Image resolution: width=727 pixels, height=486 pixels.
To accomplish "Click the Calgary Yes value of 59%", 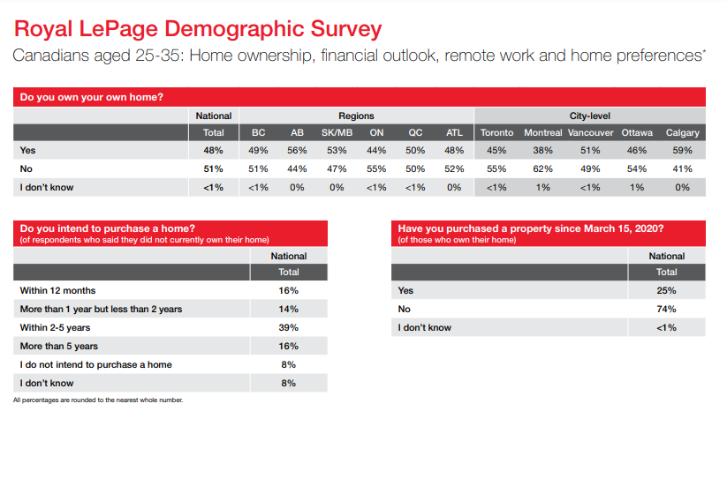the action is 682,151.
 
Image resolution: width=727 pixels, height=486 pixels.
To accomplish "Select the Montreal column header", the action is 543,133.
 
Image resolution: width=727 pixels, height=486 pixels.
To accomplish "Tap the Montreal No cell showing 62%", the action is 542,169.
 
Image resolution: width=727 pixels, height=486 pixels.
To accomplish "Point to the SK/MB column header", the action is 337,133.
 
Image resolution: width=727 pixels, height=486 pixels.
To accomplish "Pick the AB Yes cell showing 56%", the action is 297,151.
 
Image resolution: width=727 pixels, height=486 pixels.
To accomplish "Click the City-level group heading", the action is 590,116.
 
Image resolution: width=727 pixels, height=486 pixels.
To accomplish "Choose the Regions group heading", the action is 356,116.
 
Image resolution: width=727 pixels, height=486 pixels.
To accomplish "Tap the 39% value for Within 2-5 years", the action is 288,328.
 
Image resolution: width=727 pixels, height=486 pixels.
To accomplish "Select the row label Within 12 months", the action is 57,291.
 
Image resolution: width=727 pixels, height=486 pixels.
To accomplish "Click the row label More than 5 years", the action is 59,347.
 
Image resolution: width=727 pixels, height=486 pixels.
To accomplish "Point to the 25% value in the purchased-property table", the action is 666,291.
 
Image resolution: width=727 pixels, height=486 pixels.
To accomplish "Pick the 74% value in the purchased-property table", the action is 666,310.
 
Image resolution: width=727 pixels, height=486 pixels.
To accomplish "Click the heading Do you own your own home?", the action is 91,97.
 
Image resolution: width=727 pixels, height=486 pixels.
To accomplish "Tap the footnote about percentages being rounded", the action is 98,400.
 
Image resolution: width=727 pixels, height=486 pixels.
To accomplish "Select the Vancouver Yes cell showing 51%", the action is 590,151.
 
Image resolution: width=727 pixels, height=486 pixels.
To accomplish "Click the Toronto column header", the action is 496,133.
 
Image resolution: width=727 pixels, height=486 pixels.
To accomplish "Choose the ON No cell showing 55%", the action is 376,169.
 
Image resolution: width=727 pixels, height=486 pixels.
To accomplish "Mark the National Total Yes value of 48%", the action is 213,151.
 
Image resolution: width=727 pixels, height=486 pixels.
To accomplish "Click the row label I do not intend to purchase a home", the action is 95,365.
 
